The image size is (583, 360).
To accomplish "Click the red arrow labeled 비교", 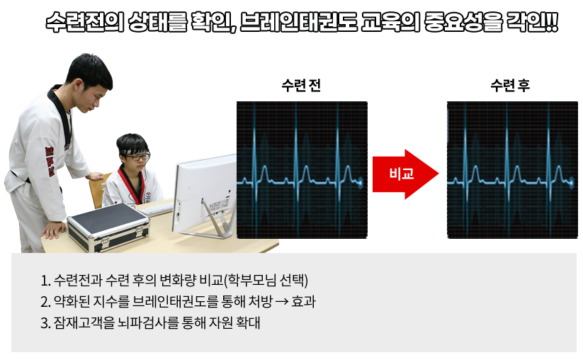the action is tap(405, 174).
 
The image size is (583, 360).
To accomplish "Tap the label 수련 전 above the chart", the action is tap(301, 86).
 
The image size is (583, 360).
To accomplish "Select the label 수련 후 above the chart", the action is tap(510, 86).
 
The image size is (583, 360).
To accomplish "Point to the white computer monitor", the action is tap(205, 193).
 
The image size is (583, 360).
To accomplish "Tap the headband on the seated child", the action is tap(134, 152).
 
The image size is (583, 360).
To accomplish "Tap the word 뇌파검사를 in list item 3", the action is tap(148, 322).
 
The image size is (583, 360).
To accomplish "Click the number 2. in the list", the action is tap(45, 302).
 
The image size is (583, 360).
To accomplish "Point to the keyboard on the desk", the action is tap(155, 209).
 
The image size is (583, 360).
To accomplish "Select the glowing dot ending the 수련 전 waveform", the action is tap(361, 182).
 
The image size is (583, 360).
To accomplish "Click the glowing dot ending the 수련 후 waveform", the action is tap(571, 182).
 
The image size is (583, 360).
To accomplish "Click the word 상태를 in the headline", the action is tap(157, 22).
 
